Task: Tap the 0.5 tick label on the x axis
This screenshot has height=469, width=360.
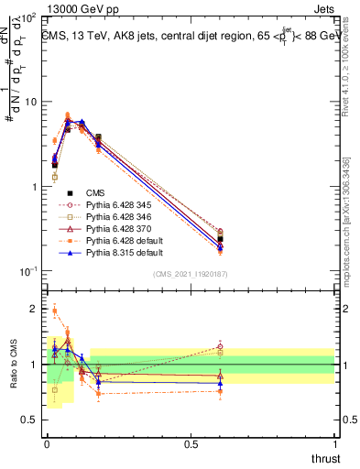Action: point(191,443)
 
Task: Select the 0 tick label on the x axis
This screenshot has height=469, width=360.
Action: point(47,443)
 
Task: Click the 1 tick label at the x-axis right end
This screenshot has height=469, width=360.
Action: point(334,443)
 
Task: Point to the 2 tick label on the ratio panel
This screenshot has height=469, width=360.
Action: point(34,309)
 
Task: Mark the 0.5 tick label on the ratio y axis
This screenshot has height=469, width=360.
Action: point(30,420)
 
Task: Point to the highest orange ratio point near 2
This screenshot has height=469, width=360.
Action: point(55,311)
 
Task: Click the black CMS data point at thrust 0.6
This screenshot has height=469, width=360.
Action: point(220,239)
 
